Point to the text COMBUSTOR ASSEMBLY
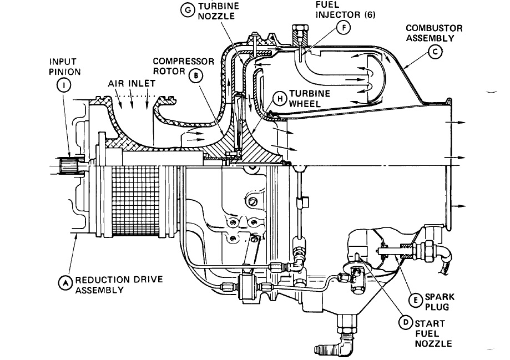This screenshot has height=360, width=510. coord(433,33)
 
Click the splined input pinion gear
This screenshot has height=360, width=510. coord(69,166)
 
